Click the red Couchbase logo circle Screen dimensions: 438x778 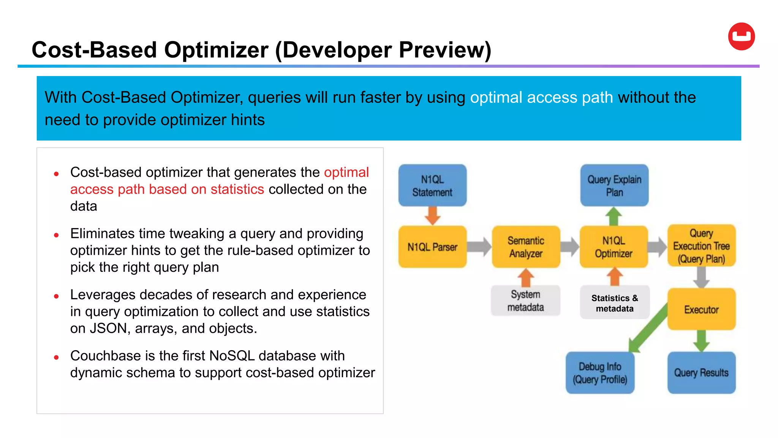pos(741,36)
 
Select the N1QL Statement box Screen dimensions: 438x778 pos(432,186)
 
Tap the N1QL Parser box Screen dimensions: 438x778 pos(432,247)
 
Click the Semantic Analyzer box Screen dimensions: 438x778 pos(526,247)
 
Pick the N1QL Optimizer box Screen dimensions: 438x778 pos(614,247)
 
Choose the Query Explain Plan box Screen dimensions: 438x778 pos(614,186)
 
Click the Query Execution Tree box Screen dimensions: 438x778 pos(701,246)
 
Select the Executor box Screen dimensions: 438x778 pos(701,309)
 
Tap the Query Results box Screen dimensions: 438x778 pos(701,373)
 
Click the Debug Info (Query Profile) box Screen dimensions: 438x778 pos(600,373)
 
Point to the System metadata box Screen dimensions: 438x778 pos(525,301)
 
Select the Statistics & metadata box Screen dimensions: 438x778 pos(615,303)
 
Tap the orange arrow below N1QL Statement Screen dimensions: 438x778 pos(432,216)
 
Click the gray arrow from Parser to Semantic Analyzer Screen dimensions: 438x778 pos(479,247)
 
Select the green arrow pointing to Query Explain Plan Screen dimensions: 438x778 pos(614,216)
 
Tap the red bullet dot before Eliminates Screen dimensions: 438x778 pos(56,235)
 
